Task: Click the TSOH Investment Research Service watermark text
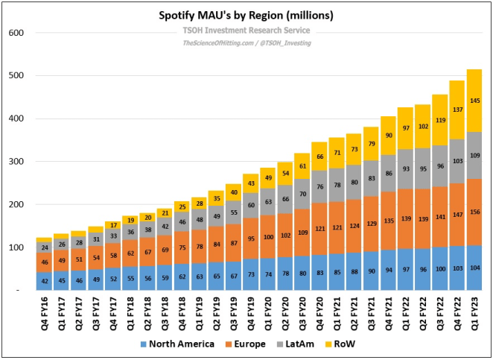pyautogui.click(x=246, y=31)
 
